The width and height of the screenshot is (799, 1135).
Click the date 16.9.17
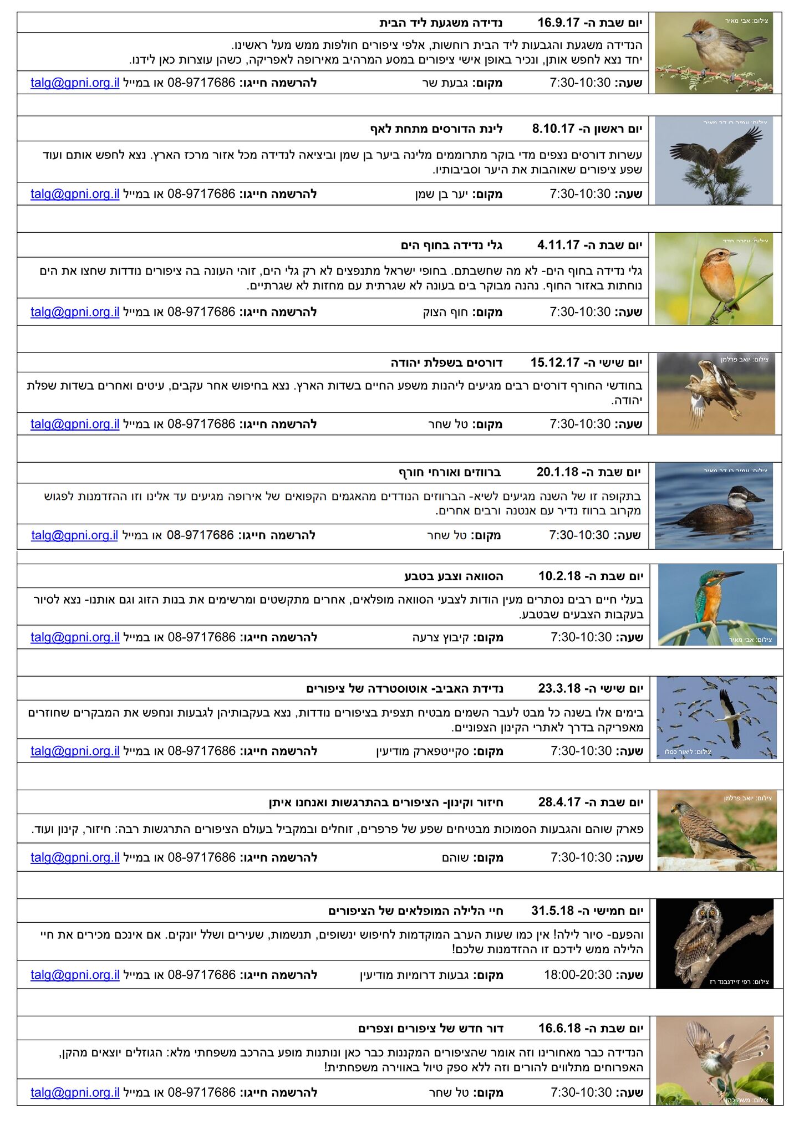click(558, 23)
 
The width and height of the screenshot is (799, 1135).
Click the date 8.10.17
click(553, 129)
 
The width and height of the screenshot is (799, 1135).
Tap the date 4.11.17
click(558, 245)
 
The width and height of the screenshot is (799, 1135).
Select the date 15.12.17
click(554, 362)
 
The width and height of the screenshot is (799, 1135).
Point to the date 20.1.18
click(557, 472)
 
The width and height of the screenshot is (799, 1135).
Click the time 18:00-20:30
click(577, 975)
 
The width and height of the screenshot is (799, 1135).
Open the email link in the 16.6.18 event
click(75, 1092)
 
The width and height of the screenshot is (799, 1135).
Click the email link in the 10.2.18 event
click(75, 637)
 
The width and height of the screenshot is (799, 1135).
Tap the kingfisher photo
click(717, 605)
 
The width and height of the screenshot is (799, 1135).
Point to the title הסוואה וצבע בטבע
click(454, 576)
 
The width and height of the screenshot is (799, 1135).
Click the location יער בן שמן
click(441, 194)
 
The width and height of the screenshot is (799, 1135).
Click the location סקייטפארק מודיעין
click(422, 751)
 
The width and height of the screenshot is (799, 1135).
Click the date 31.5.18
click(552, 911)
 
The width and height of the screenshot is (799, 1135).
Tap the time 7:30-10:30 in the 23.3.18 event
click(581, 751)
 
